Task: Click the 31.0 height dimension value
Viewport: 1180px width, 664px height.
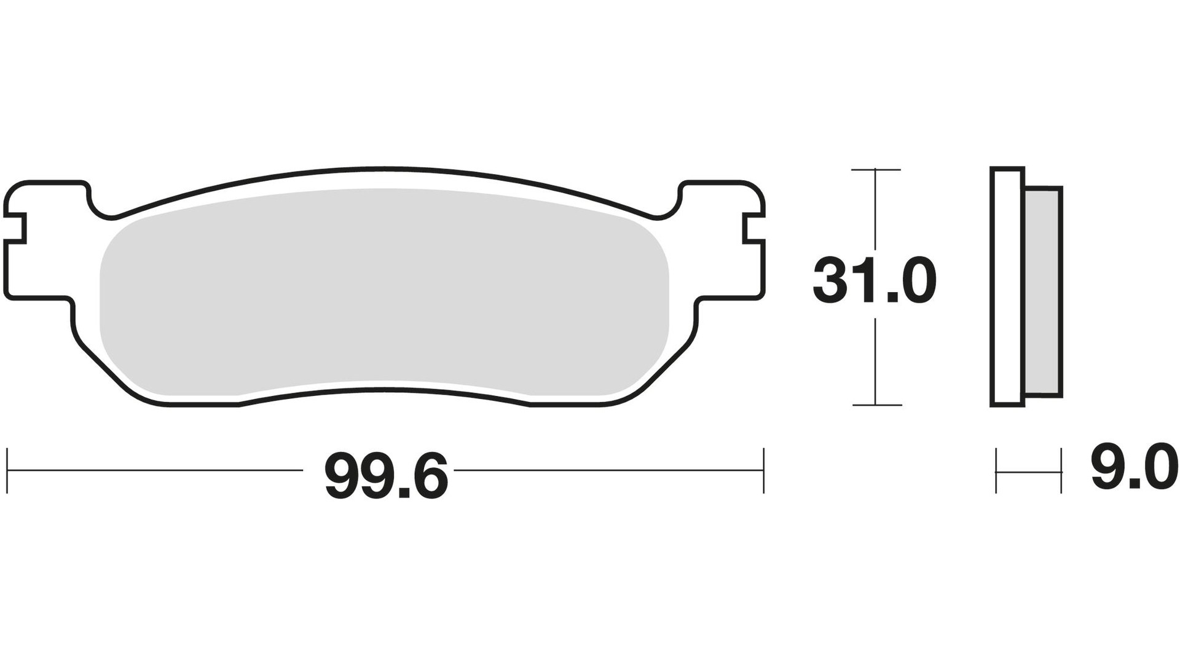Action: (x=874, y=282)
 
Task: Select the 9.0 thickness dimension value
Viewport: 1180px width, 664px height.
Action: (x=1135, y=468)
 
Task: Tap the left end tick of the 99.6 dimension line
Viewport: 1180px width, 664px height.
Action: (x=7, y=471)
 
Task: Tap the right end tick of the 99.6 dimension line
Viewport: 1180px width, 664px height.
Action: (x=763, y=471)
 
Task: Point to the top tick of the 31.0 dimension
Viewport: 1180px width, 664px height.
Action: (x=875, y=170)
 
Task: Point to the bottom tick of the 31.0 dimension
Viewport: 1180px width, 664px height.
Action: (x=875, y=405)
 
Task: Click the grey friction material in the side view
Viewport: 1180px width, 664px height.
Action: (x=1043, y=292)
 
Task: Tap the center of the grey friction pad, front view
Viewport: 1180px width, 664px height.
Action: (x=384, y=292)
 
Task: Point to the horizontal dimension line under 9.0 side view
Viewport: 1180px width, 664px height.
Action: (x=1029, y=472)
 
